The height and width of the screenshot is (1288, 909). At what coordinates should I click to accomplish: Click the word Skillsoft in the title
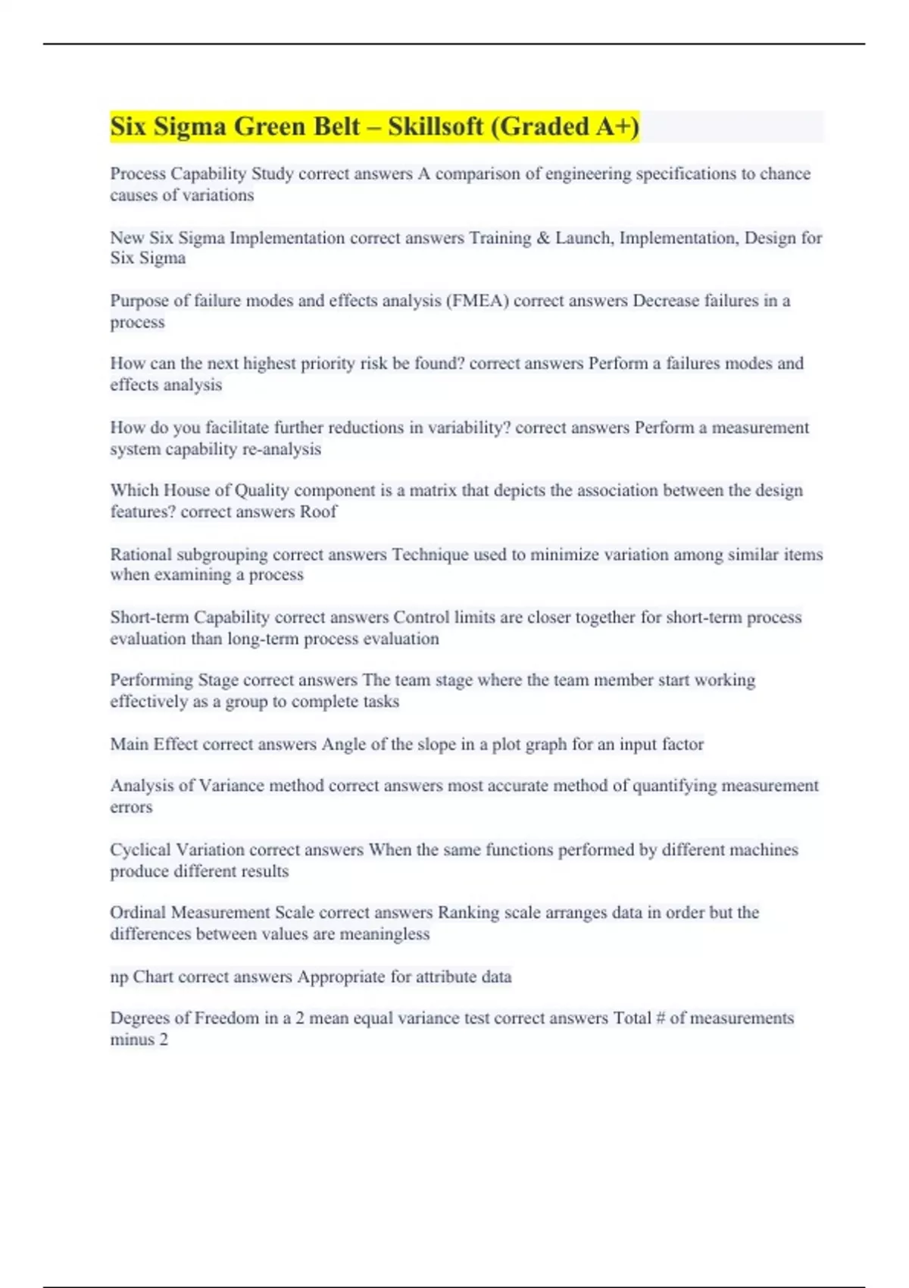[436, 127]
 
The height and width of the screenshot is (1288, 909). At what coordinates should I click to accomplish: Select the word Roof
[318, 512]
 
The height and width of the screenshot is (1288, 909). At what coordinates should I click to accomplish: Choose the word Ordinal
[138, 913]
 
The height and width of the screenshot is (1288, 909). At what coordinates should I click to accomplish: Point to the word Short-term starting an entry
[149, 617]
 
